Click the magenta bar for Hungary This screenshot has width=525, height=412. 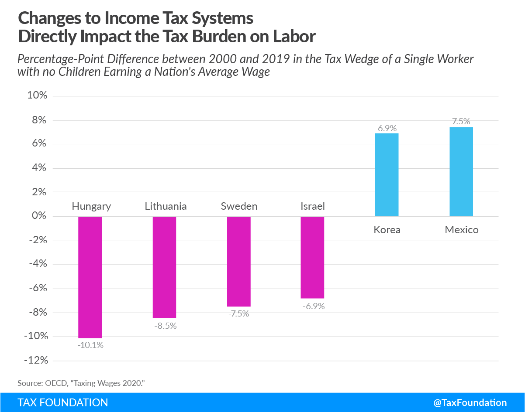(90, 277)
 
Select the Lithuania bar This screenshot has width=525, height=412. (164, 267)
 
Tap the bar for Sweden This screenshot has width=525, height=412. (239, 262)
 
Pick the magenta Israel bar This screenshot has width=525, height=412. (312, 258)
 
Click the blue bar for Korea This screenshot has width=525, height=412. (387, 175)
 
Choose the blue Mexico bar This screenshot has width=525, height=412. (461, 171)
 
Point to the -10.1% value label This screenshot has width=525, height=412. (91, 345)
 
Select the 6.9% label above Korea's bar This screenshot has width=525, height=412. (387, 128)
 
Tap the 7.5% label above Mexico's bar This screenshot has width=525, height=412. (461, 122)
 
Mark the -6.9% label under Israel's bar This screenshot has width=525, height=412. (313, 306)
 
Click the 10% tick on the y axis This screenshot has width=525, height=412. (37, 96)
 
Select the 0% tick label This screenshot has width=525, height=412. (39, 216)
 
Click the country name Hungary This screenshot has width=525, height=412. (91, 206)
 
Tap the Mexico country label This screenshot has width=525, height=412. (462, 230)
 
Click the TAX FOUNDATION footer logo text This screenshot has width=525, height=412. (62, 402)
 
